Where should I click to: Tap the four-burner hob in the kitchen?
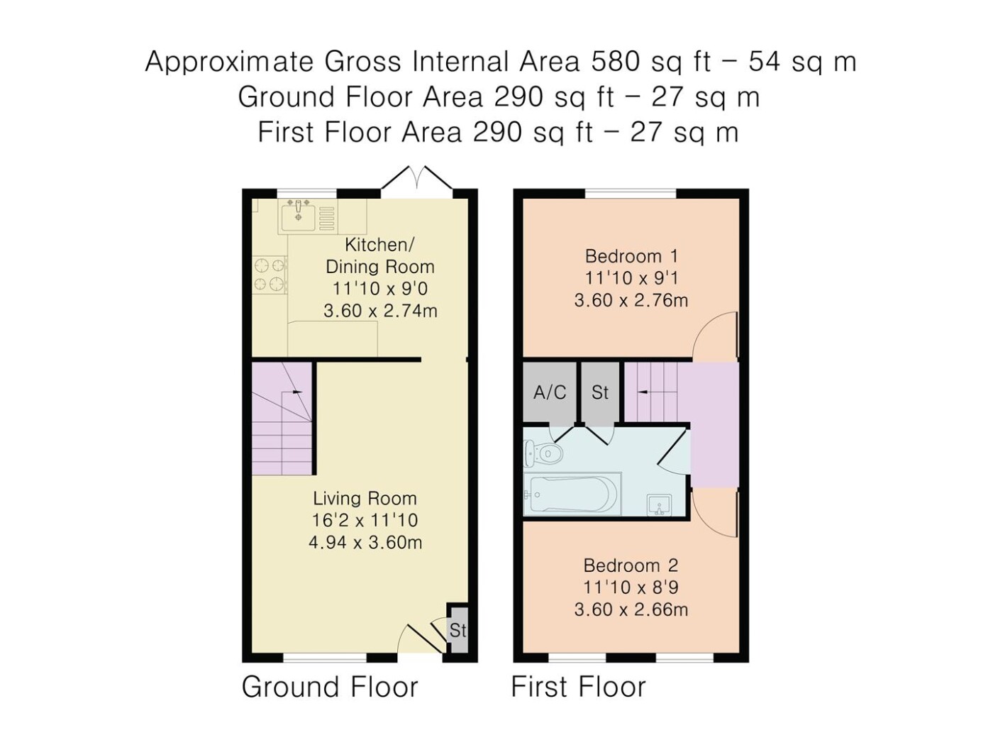click(270, 275)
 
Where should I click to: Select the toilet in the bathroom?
click(543, 453)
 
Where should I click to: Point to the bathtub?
click(572, 494)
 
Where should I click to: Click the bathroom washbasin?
click(659, 504)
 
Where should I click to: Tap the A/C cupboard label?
click(550, 392)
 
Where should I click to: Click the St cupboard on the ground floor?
click(457, 630)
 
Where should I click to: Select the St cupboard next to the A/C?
click(600, 393)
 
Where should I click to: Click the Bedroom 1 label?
click(631, 256)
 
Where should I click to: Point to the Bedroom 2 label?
click(631, 565)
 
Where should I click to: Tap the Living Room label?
click(365, 499)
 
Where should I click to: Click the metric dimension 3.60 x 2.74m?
click(380, 311)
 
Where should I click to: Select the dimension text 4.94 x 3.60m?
click(365, 542)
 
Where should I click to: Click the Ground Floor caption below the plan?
click(330, 687)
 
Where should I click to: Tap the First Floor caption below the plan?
click(578, 687)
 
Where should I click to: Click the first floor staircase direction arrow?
click(643, 392)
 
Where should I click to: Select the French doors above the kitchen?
click(416, 178)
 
